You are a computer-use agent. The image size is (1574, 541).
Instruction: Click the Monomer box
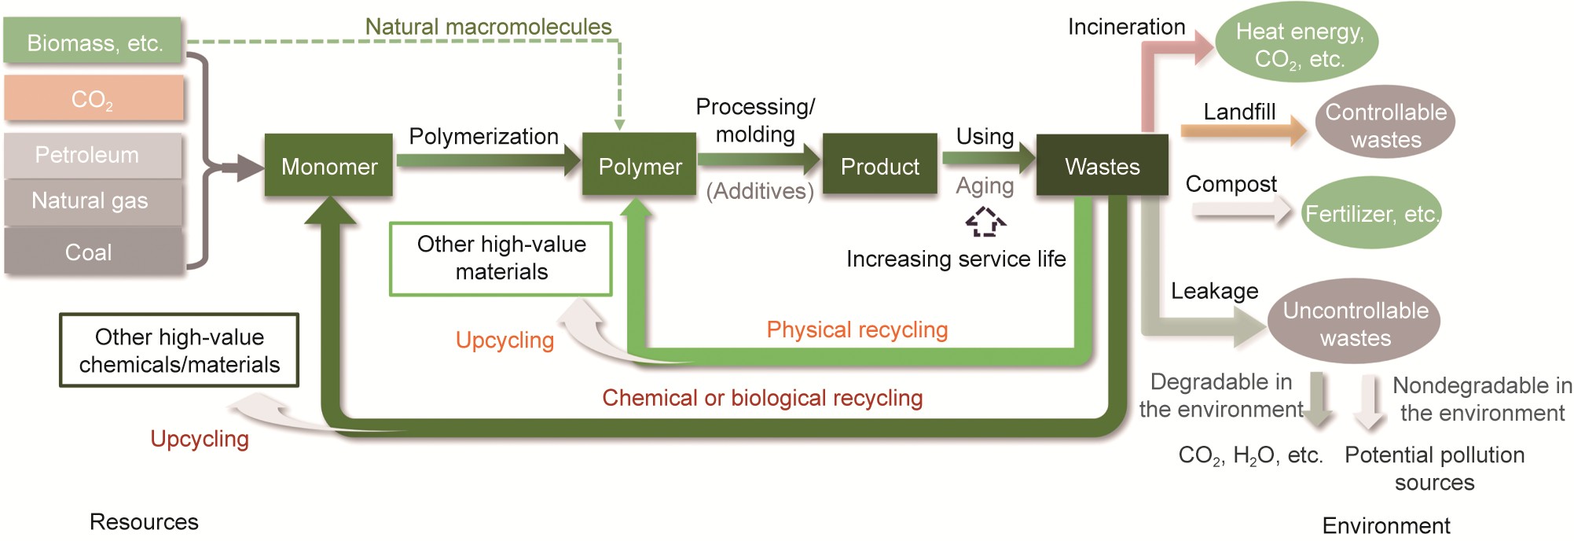pyautogui.click(x=328, y=165)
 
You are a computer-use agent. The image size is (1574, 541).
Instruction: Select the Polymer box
pyautogui.click(x=639, y=165)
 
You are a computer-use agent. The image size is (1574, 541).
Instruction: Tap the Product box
pyautogui.click(x=879, y=165)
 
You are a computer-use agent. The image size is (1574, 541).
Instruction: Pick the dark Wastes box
pyautogui.click(x=1102, y=165)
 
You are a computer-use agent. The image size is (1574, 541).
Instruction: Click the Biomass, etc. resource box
pyautogui.click(x=93, y=41)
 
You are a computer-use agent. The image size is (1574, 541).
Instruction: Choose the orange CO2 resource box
pyautogui.click(x=94, y=98)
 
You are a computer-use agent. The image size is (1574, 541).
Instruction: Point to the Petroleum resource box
pyautogui.click(x=93, y=155)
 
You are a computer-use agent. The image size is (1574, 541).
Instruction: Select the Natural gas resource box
pyautogui.click(x=93, y=201)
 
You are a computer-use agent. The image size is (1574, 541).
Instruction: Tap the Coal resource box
pyautogui.click(x=93, y=252)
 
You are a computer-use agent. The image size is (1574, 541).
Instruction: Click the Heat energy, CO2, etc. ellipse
pyautogui.click(x=1297, y=43)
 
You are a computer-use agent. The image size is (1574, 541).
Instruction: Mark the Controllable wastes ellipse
pyautogui.click(x=1385, y=123)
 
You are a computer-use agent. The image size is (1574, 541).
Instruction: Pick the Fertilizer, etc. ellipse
pyautogui.click(x=1371, y=213)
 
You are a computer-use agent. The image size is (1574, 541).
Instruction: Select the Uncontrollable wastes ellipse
pyautogui.click(x=1354, y=322)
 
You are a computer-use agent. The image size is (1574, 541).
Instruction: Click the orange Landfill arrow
pyautogui.click(x=1242, y=131)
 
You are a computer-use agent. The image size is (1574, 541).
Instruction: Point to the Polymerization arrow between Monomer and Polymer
pyautogui.click(x=487, y=161)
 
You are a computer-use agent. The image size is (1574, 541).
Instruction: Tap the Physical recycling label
pyautogui.click(x=857, y=329)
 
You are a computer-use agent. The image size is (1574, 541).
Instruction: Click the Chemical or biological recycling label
pyautogui.click(x=762, y=398)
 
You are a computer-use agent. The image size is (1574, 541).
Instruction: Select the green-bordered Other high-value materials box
pyautogui.click(x=501, y=259)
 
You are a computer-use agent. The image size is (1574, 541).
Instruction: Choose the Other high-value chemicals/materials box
pyautogui.click(x=179, y=351)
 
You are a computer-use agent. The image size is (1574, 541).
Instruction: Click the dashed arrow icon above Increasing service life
pyautogui.click(x=985, y=222)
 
